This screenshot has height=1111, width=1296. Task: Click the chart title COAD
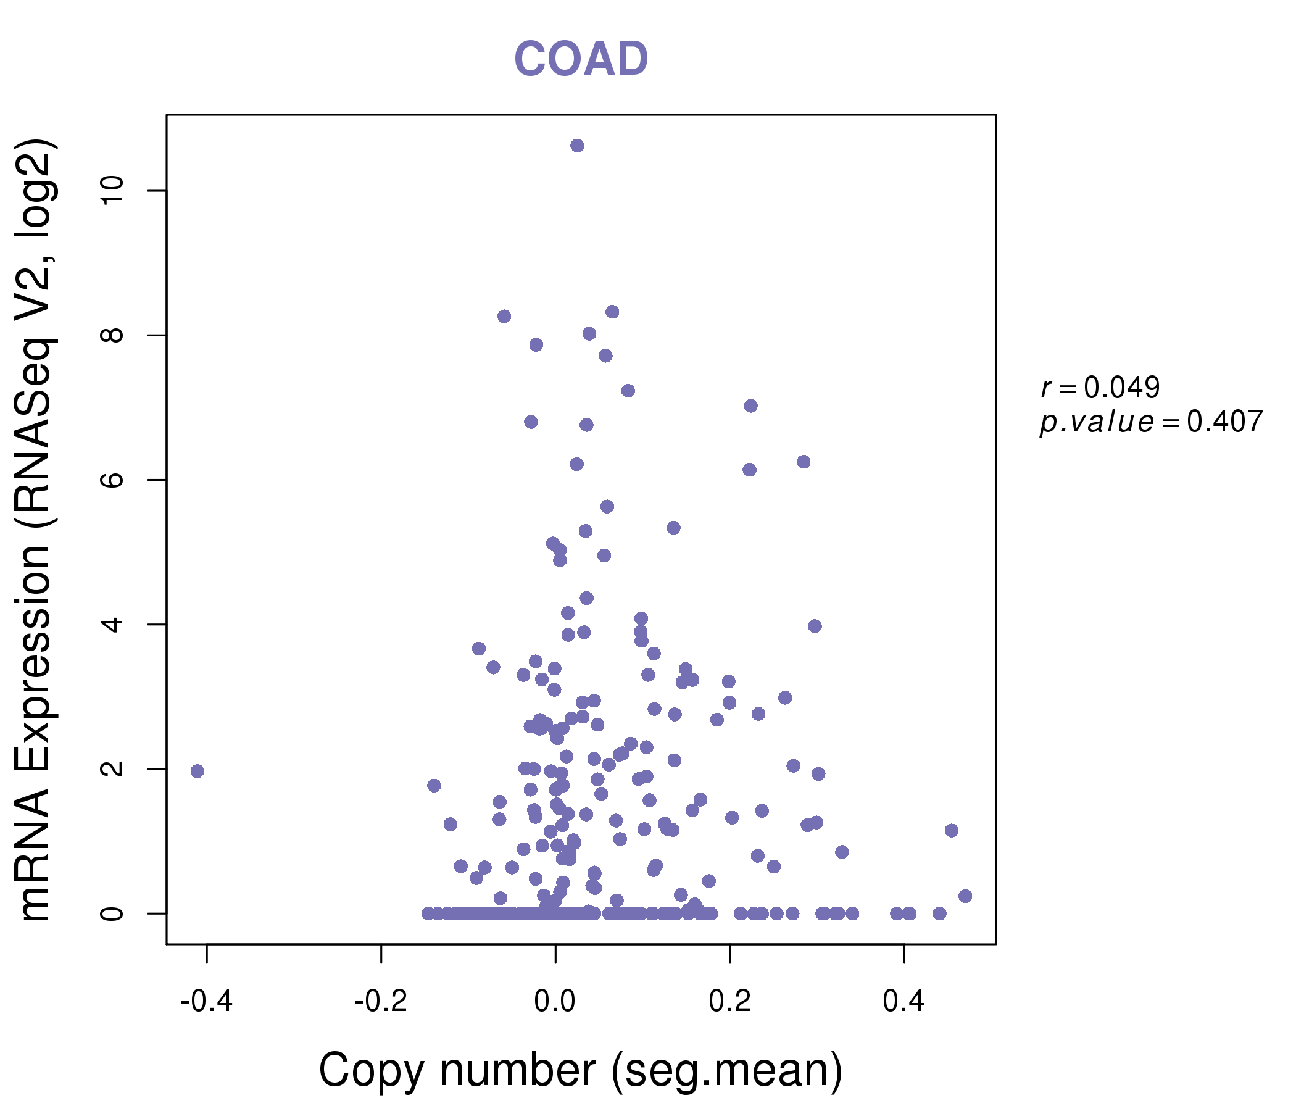(581, 59)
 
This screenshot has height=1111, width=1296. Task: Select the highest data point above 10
(577, 146)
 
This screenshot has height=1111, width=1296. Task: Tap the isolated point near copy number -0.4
(197, 771)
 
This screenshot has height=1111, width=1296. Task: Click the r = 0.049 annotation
(1100, 388)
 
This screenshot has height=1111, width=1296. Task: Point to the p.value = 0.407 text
(1151, 422)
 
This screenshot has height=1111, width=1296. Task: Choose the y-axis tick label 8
(112, 335)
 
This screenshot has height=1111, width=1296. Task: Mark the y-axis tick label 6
(112, 480)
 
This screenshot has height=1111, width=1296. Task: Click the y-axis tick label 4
(112, 624)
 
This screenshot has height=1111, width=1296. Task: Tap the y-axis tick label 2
(112, 769)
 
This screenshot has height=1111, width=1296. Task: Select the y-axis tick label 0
(112, 913)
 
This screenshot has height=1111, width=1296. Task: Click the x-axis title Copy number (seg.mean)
(581, 1070)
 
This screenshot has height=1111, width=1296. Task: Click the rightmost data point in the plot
(965, 896)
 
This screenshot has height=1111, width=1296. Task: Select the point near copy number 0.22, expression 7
(750, 406)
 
